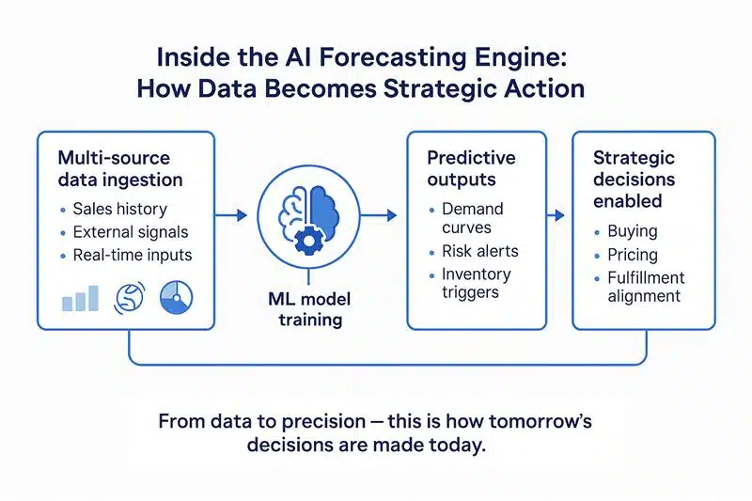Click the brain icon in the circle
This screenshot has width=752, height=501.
pos(308,219)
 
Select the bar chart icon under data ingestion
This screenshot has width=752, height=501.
pos(80,298)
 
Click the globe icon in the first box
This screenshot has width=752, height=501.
pos(130,297)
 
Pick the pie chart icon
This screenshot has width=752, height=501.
pos(176,298)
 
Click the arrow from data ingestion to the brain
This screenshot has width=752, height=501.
pos(230,215)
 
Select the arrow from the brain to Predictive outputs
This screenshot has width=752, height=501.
pos(379,215)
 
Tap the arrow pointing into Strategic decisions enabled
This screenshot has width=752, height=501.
pos(556,215)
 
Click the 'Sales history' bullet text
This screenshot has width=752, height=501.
pos(120,209)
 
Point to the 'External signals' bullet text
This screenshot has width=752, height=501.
pos(131,232)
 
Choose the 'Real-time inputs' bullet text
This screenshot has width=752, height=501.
pos(133,255)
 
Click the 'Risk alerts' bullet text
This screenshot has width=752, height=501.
pos(480,251)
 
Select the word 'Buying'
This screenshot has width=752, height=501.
pos(633,231)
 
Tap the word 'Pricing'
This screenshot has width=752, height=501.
pos(633,255)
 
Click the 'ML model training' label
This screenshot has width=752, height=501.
pos(310,309)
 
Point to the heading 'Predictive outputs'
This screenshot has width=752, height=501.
pos(472,168)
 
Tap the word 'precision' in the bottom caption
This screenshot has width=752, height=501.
pos(323,422)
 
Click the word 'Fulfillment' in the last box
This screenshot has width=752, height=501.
pos(646,277)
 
